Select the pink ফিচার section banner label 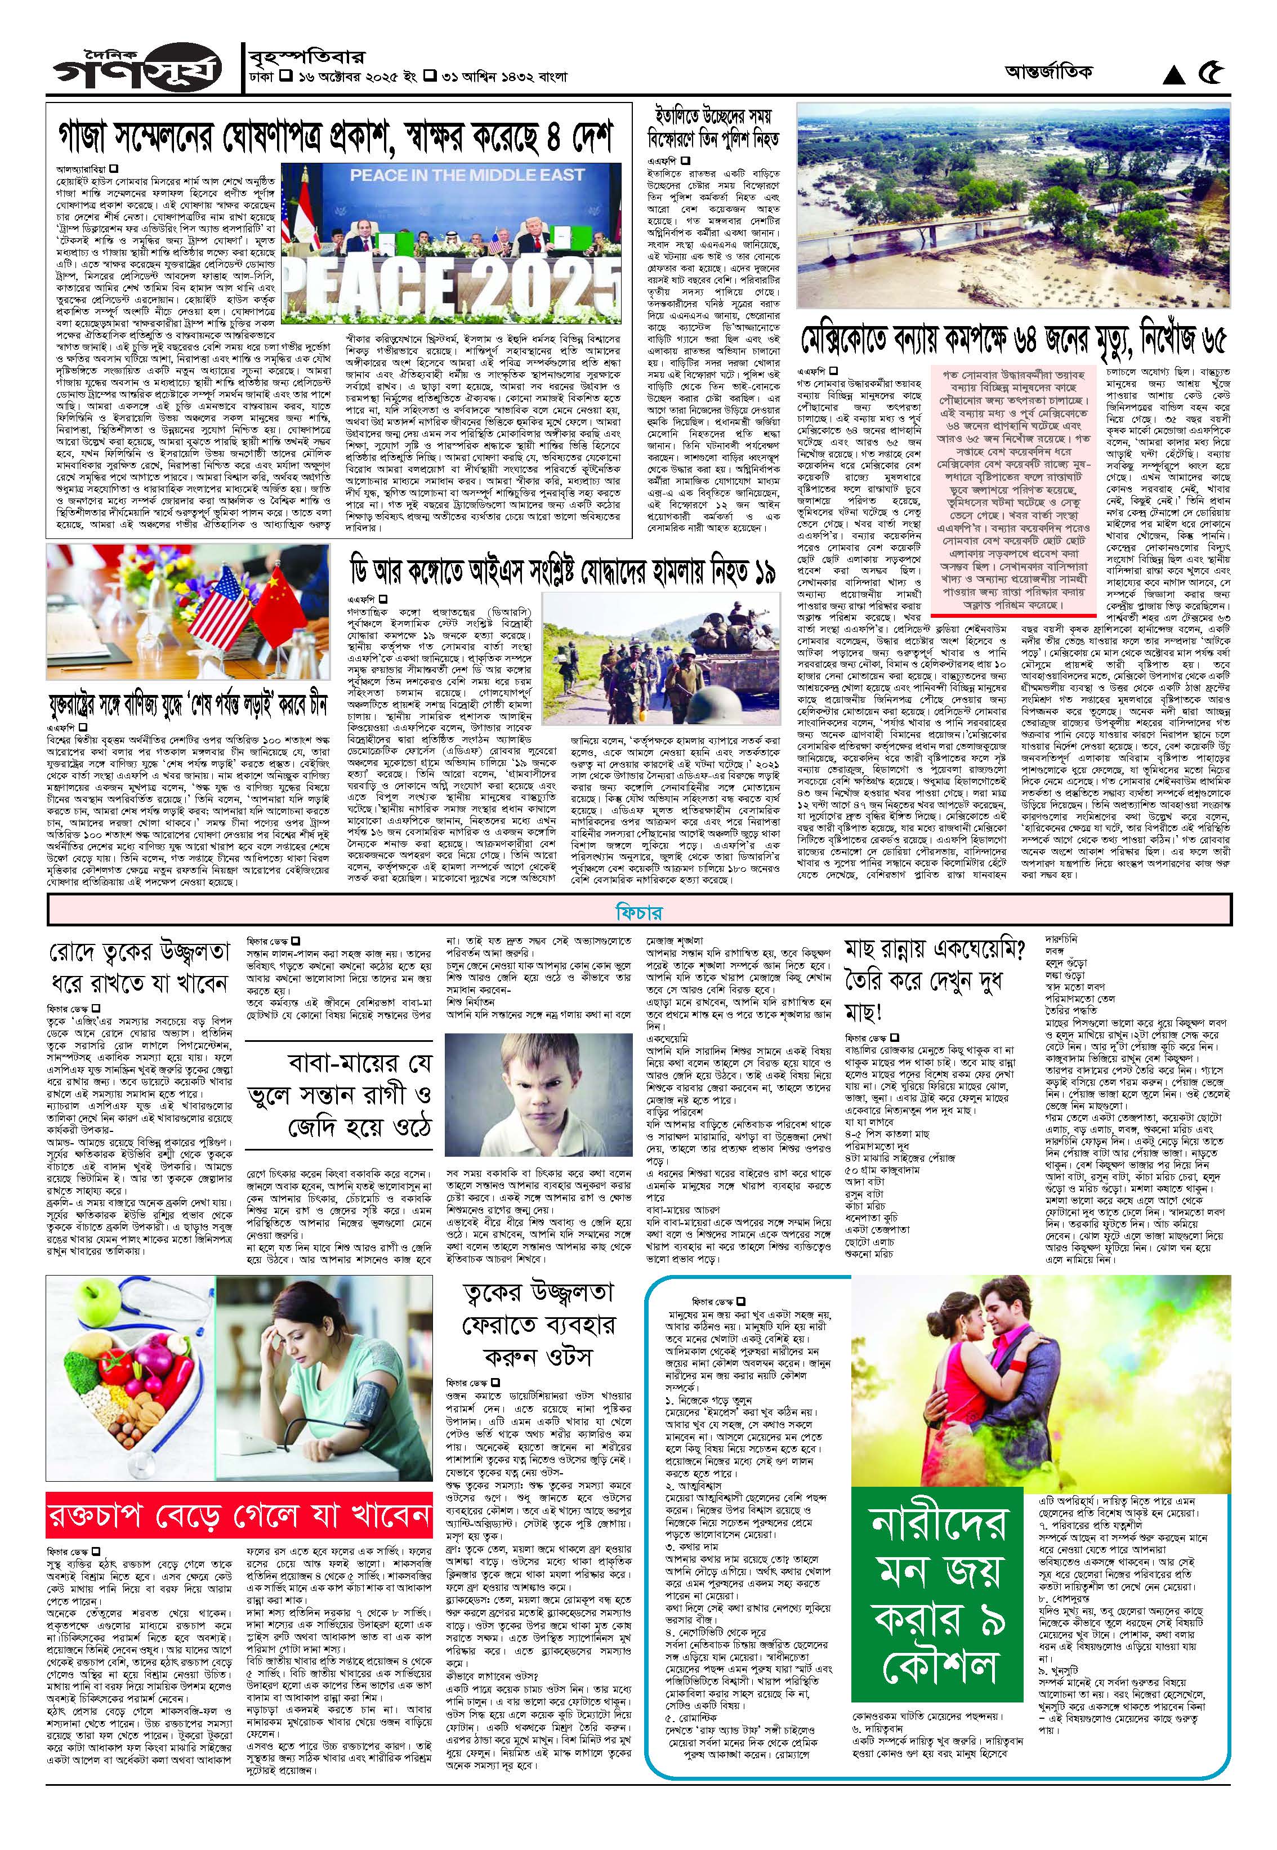(x=638, y=911)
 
